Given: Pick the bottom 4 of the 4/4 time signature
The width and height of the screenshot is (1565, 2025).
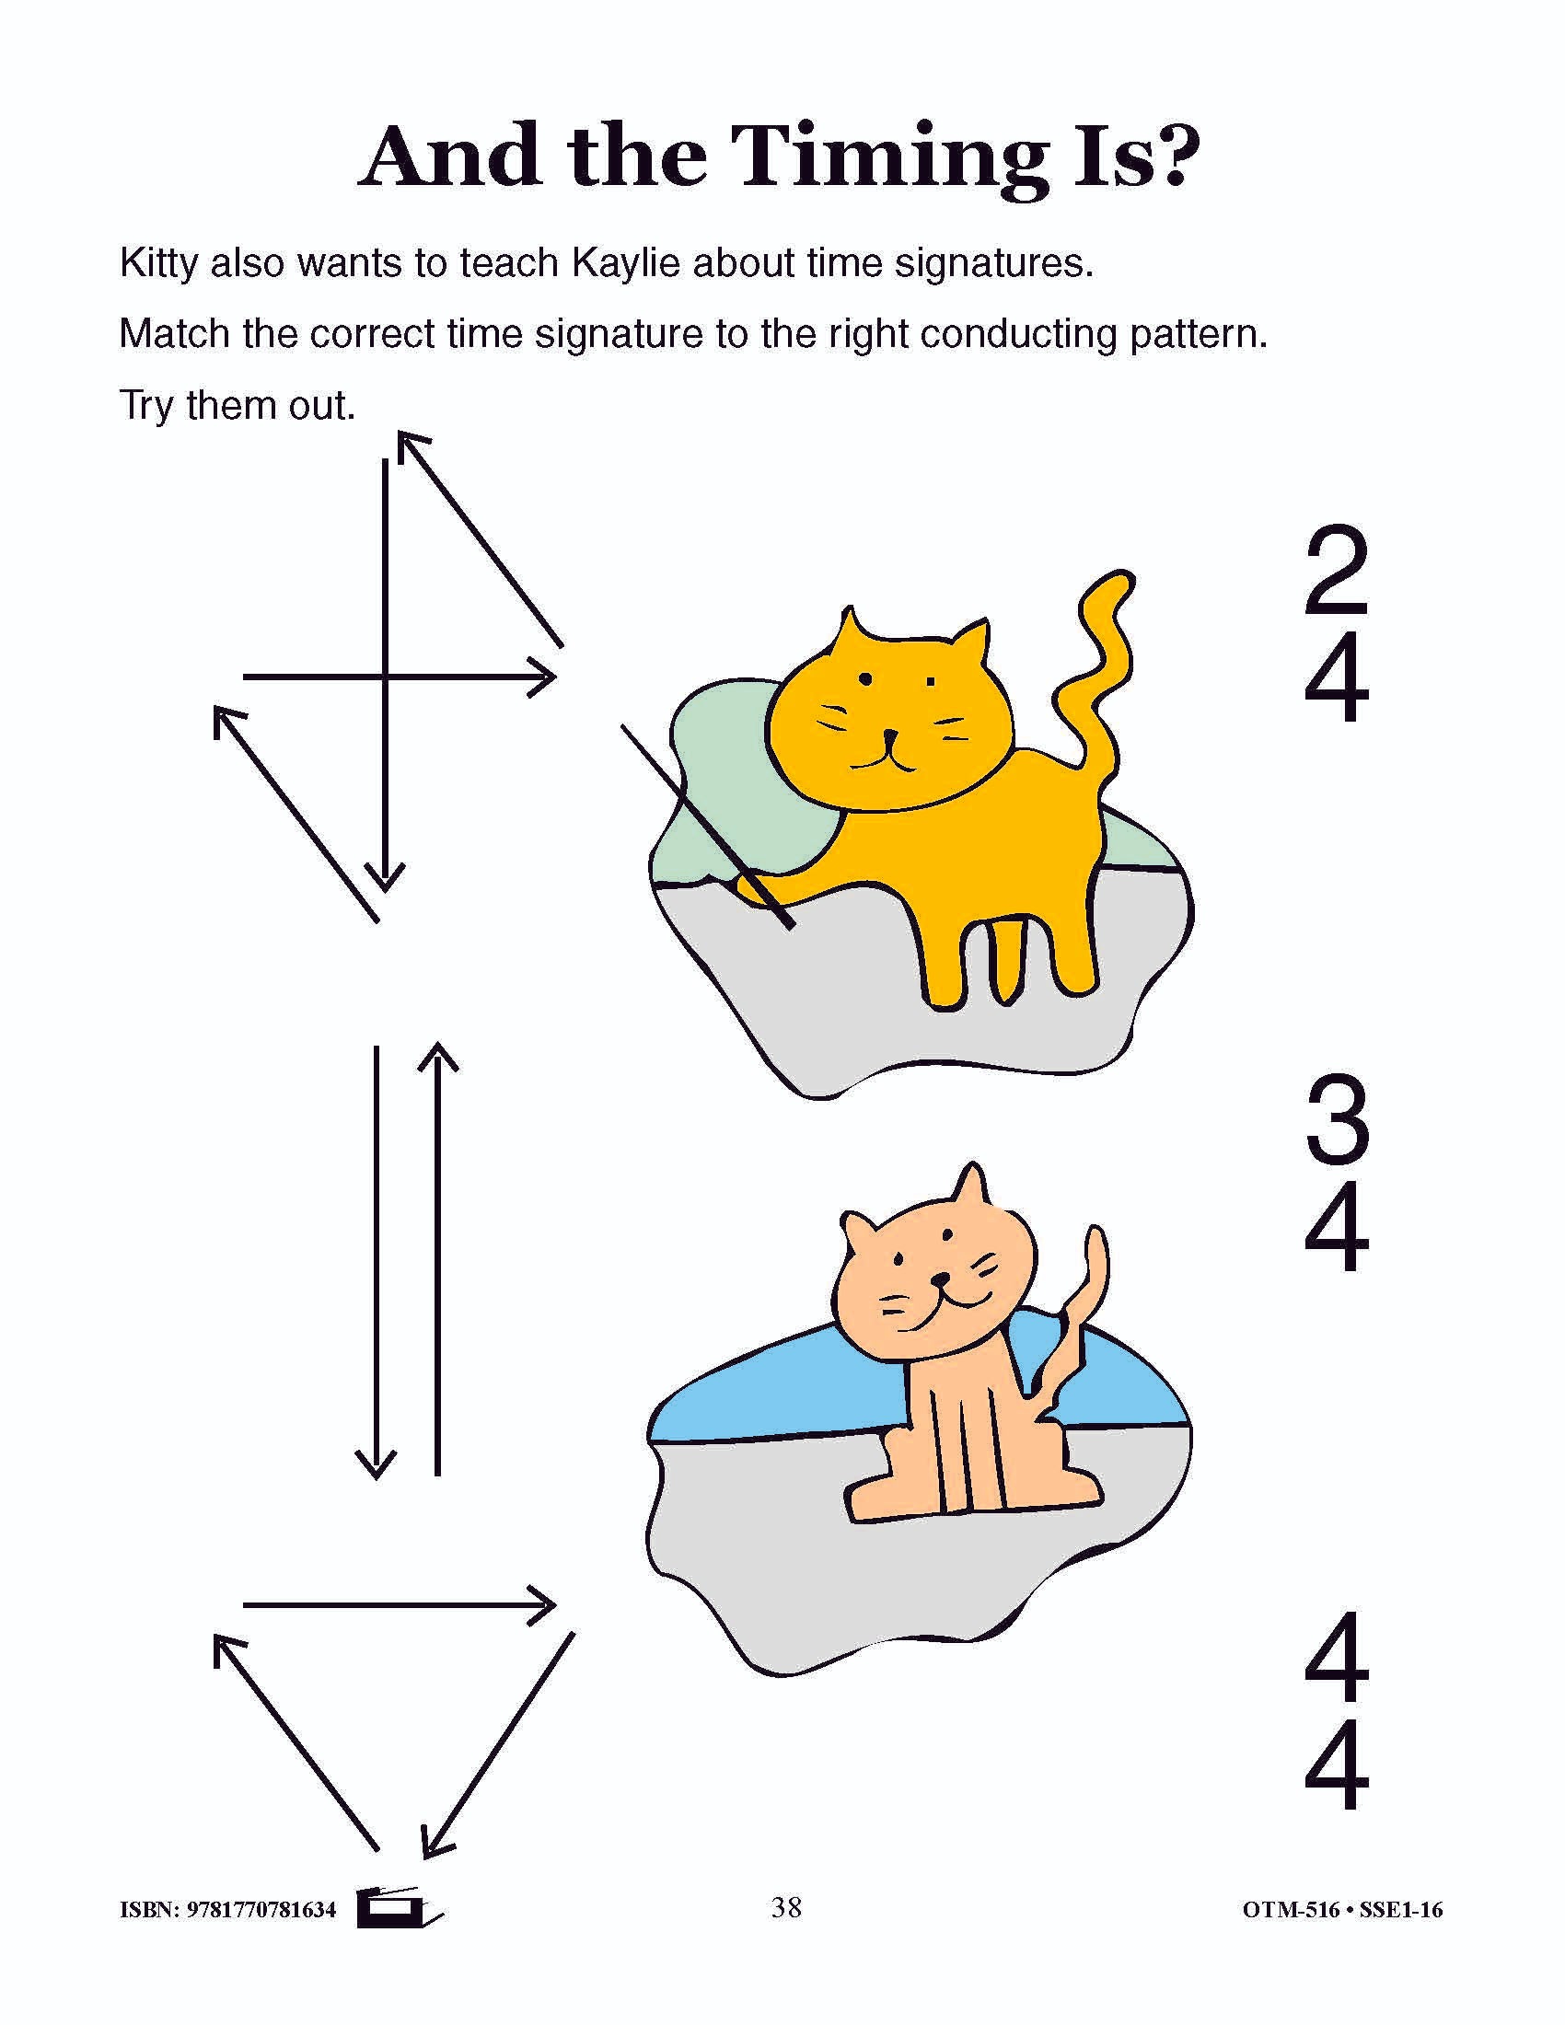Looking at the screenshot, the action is pos(1337,1766).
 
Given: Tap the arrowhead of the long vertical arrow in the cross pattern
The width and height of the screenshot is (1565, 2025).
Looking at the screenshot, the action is pos(385,876).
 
